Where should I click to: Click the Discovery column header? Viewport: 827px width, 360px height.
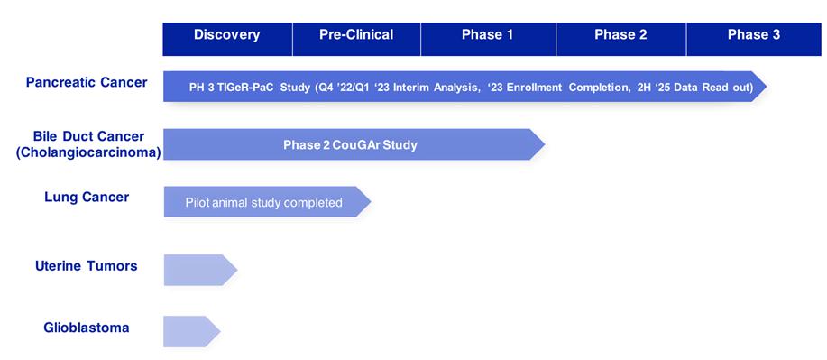click(x=227, y=39)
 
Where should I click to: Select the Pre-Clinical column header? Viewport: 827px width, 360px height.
click(x=356, y=39)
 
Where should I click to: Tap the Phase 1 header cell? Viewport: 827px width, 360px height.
click(x=488, y=39)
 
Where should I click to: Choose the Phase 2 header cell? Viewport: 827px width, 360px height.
click(x=620, y=39)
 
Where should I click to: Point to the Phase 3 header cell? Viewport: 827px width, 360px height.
click(x=754, y=39)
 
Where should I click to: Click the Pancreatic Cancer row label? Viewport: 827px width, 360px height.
click(x=87, y=83)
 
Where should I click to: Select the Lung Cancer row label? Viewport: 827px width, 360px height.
click(x=87, y=198)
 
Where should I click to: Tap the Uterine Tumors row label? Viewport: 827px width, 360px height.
click(x=87, y=265)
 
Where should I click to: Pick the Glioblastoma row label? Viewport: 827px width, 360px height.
click(x=87, y=328)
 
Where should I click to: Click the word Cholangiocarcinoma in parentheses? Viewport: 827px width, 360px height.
click(x=88, y=152)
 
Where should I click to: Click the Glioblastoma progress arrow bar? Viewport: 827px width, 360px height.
click(x=191, y=331)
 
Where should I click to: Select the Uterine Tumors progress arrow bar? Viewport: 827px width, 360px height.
click(x=200, y=270)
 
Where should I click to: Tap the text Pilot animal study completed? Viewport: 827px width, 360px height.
click(x=263, y=202)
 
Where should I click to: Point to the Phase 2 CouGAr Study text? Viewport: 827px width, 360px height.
click(x=350, y=144)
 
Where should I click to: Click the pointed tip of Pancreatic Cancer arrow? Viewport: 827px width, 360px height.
click(x=767, y=86)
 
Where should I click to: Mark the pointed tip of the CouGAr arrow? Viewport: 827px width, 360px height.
click(x=545, y=144)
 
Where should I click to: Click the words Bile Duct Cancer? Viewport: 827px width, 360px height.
click(x=88, y=137)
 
